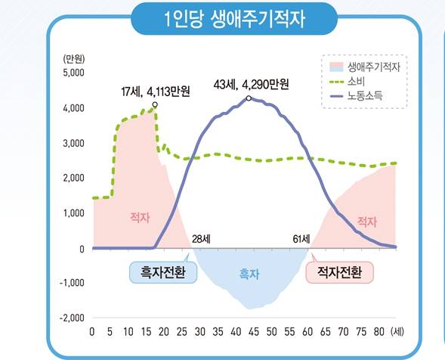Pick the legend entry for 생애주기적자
373,67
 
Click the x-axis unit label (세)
399,332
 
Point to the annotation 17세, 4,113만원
155,92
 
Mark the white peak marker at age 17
155,104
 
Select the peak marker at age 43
249,98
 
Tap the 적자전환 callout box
339,271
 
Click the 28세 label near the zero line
202,240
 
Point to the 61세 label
301,240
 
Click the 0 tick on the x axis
92,332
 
